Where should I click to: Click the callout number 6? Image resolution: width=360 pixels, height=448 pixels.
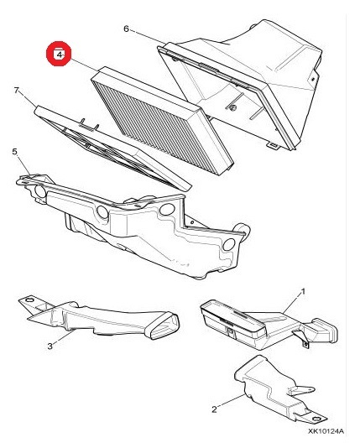126,29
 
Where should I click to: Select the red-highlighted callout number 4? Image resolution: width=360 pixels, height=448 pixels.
59,54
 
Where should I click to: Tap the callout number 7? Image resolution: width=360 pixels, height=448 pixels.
17,91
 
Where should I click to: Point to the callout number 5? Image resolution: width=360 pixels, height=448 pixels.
15,151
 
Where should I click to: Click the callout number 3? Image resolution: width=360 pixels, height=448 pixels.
50,346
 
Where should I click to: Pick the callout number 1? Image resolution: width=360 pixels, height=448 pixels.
303,292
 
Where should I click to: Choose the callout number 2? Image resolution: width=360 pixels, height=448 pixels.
214,409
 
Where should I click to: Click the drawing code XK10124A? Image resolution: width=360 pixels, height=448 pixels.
326,431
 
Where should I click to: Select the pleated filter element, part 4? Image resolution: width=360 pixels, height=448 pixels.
162,120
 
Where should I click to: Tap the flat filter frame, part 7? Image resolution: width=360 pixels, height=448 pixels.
112,147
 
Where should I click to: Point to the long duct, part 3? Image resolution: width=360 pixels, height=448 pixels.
98,317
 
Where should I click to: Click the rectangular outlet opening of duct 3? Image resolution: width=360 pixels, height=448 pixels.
162,326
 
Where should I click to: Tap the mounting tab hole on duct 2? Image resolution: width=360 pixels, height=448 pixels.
316,419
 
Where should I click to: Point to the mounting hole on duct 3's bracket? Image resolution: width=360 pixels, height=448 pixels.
29,300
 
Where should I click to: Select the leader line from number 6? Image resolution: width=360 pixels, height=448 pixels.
148,37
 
